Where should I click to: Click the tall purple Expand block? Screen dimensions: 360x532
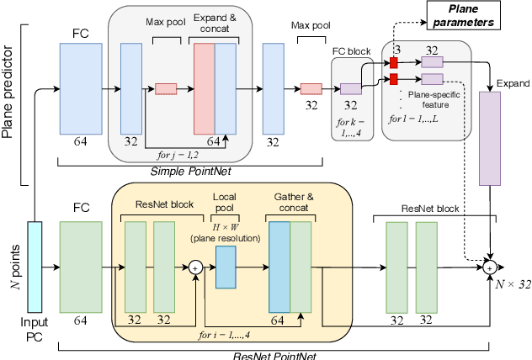489,138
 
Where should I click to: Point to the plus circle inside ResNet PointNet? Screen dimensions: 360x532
195,267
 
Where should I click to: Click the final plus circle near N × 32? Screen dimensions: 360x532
489,267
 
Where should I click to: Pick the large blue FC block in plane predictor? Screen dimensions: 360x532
81,89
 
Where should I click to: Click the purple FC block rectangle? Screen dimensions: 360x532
350,89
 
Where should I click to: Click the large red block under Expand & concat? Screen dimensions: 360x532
204,89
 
